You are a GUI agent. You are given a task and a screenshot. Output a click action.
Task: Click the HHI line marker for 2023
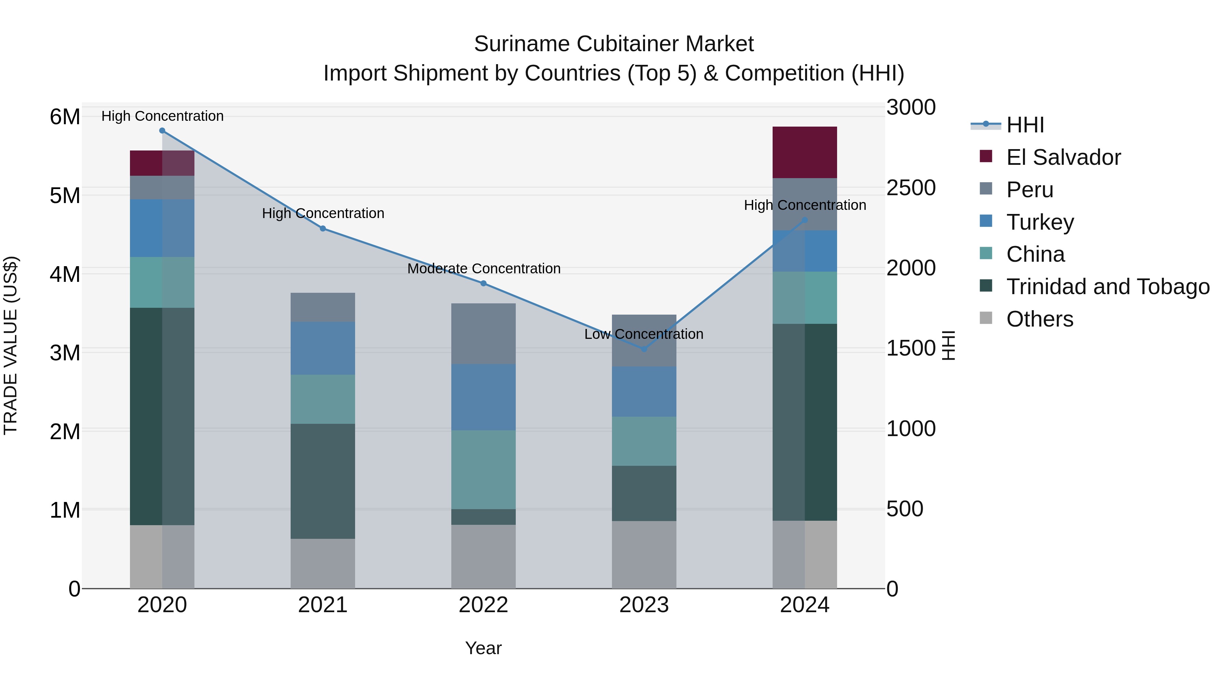point(644,349)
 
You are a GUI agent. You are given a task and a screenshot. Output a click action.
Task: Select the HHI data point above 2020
point(162,131)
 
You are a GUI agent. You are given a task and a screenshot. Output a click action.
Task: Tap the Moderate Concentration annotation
point(483,269)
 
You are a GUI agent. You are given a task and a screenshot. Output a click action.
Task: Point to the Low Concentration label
point(644,334)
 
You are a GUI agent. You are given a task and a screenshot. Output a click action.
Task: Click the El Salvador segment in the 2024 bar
point(805,153)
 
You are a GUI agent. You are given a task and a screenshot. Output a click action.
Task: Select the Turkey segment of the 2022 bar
point(483,397)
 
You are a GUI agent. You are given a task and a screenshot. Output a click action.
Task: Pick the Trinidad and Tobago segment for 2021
point(323,481)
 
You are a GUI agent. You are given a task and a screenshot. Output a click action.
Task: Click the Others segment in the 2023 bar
point(644,554)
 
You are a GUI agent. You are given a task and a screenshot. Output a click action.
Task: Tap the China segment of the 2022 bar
point(483,470)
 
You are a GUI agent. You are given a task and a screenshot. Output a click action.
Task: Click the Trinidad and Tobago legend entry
point(1107,287)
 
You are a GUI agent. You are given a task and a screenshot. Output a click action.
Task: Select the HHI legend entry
point(1025,125)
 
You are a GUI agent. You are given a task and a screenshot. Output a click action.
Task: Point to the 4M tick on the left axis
point(65,274)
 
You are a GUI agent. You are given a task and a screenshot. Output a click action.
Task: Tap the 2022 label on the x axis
point(483,605)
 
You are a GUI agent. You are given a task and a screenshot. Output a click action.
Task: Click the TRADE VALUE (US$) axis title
point(11,345)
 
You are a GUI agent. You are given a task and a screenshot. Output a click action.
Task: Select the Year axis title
point(483,648)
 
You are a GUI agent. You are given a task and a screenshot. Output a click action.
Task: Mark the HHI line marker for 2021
point(323,228)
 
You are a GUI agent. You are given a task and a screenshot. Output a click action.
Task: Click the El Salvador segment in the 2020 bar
point(162,163)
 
